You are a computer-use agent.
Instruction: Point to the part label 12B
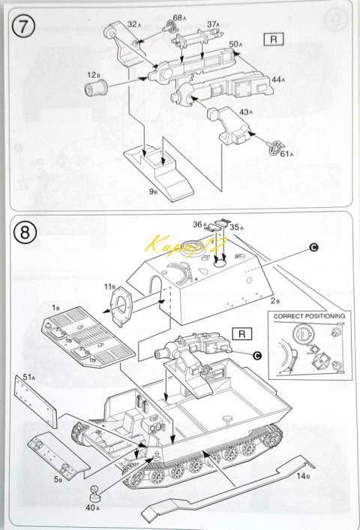point(93,75)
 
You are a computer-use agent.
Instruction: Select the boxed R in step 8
point(242,334)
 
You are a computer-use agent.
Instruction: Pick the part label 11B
point(109,287)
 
